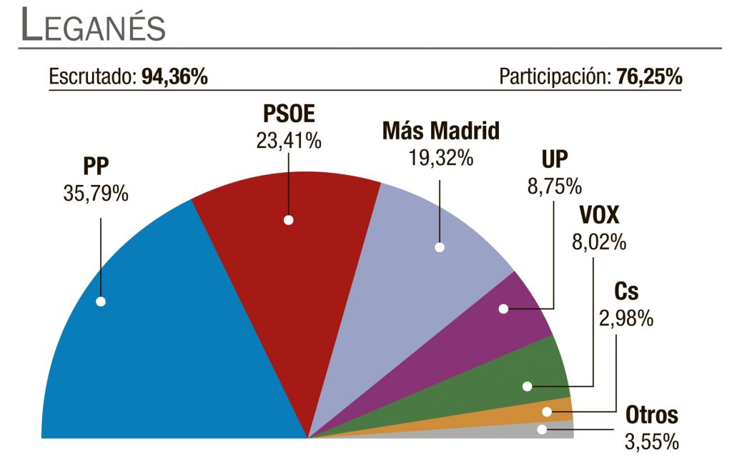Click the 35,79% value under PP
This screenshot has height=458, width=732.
pyautogui.click(x=95, y=192)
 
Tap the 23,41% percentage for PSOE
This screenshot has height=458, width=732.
pyautogui.click(x=289, y=140)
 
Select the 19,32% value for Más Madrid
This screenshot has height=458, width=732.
pyautogui.click(x=440, y=157)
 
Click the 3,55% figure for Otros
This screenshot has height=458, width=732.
pyautogui.click(x=651, y=441)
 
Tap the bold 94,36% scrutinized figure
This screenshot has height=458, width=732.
pyautogui.click(x=174, y=77)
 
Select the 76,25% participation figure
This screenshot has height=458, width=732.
pyautogui.click(x=648, y=77)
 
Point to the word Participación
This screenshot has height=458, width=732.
pyautogui.click(x=554, y=77)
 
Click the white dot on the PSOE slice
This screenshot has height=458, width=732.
pyautogui.click(x=288, y=220)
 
